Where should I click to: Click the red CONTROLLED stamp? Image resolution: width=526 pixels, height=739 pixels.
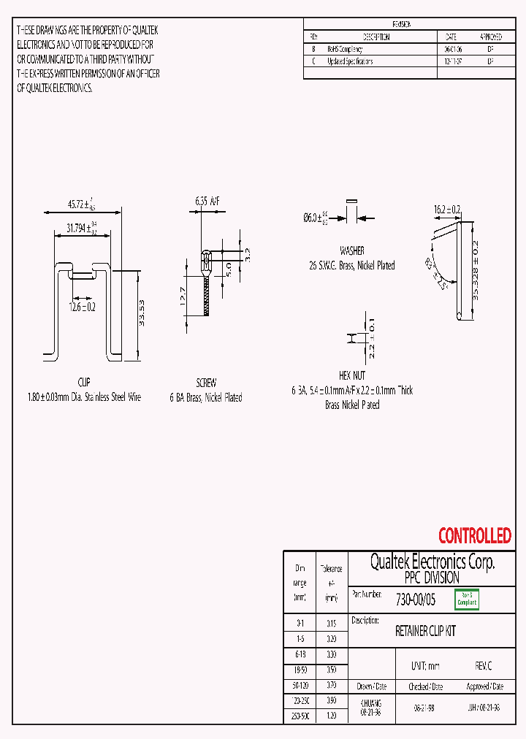(474, 536)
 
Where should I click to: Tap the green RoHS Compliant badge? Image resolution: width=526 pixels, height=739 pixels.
(466, 600)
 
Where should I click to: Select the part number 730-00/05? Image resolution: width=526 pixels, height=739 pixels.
(415, 600)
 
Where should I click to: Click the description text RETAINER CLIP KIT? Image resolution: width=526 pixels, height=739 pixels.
(425, 631)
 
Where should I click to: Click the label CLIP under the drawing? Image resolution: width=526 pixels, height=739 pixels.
(83, 383)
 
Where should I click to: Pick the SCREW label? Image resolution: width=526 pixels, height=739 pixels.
(206, 383)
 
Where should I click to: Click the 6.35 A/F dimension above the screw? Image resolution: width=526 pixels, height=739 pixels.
(207, 201)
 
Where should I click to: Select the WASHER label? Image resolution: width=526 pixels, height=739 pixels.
(352, 250)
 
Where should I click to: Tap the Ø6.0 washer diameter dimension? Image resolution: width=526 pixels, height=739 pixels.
(316, 218)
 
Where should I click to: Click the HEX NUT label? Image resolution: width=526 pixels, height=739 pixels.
(352, 375)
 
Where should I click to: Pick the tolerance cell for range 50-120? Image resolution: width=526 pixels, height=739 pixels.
(331, 686)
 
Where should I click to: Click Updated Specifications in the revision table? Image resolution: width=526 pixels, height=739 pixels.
(350, 62)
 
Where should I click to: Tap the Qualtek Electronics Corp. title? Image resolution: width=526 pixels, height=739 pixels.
(432, 562)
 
